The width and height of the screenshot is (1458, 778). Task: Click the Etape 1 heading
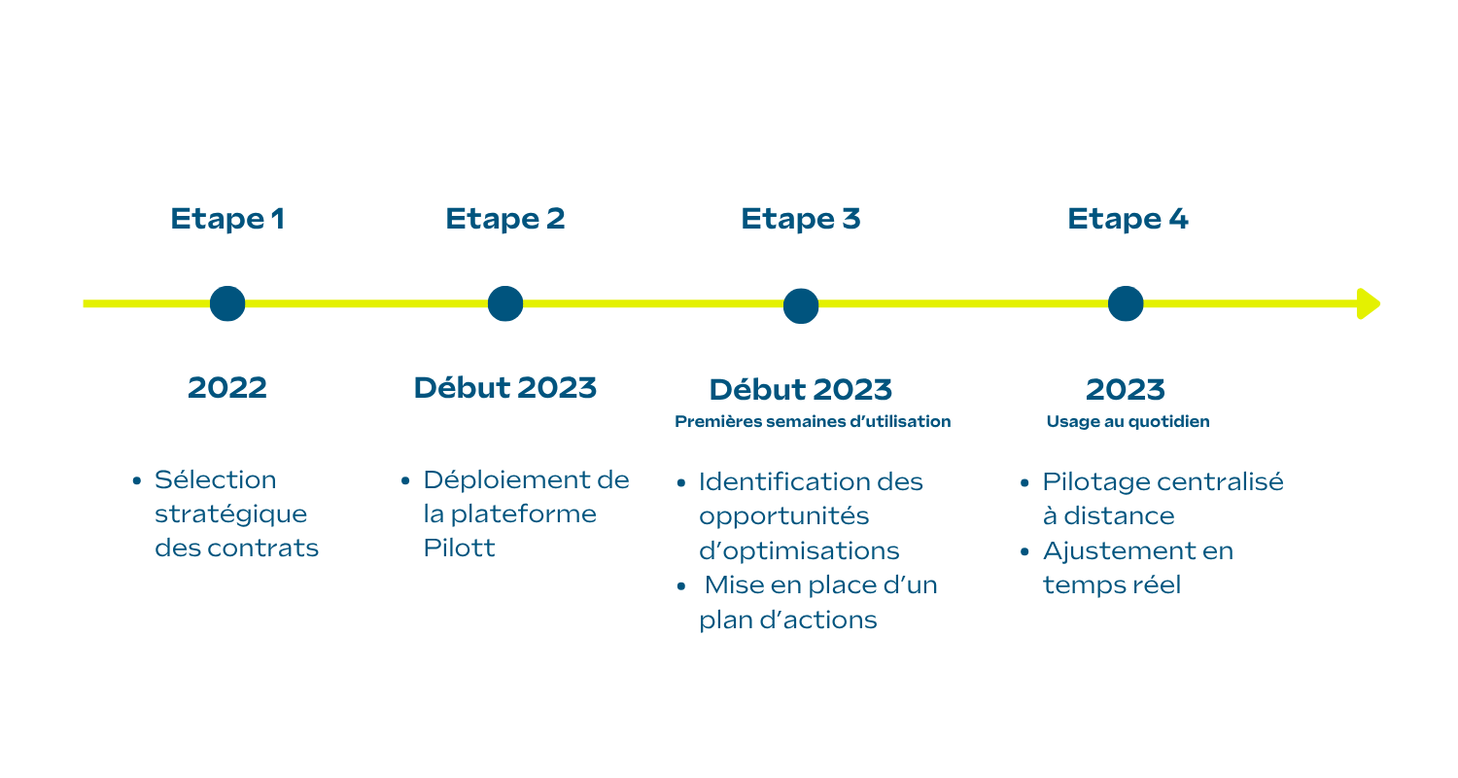(227, 219)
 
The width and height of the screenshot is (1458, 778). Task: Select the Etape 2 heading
(504, 219)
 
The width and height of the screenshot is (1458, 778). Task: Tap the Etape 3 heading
(800, 219)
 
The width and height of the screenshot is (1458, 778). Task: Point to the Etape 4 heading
(1128, 219)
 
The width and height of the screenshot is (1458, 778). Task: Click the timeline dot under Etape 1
(227, 303)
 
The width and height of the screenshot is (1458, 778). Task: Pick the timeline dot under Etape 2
(505, 303)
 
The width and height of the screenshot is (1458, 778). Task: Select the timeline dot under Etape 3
(801, 305)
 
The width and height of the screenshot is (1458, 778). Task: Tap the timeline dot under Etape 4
(1126, 303)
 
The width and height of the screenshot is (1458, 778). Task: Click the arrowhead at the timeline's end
(1369, 303)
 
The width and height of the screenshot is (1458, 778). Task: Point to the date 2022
(227, 388)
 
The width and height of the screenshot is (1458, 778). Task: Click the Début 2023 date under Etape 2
(505, 388)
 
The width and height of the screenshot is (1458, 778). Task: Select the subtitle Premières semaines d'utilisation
(813, 422)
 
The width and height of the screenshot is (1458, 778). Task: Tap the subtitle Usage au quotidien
(1128, 422)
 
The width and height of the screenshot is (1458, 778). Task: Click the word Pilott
(459, 548)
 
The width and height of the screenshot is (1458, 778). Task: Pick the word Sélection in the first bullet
(216, 479)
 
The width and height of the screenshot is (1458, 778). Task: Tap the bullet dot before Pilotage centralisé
(1025, 483)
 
